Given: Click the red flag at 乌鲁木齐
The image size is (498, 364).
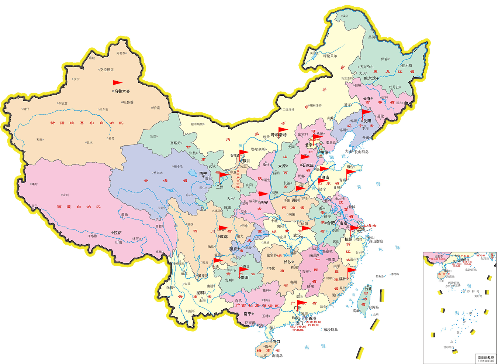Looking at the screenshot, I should click(x=117, y=84).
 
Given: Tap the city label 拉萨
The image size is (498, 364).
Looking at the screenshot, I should click(x=118, y=233).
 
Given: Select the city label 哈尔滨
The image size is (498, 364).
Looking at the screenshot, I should click(x=370, y=78).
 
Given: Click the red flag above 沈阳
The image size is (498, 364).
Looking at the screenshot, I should click(x=366, y=112).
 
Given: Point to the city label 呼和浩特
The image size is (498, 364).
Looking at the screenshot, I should click(x=279, y=135).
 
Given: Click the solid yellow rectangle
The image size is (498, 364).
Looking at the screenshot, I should click(x=65, y=293).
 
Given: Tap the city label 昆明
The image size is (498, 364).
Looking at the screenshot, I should click(x=200, y=293).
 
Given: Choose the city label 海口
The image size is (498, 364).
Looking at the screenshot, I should click(x=276, y=341).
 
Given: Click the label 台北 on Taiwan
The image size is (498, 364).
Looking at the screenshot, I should click(x=368, y=289).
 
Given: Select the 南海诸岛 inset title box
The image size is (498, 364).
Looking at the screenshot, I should click(x=486, y=358).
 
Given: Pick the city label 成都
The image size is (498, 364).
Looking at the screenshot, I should click(x=224, y=237).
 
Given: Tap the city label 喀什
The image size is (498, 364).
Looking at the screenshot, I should click(x=26, y=109).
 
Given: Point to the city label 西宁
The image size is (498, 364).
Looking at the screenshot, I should click(x=203, y=174).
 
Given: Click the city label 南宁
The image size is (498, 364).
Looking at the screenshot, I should click(x=248, y=314).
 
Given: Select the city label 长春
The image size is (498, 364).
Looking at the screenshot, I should click(x=367, y=98).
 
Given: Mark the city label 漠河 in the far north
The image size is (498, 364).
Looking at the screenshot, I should click(x=345, y=16).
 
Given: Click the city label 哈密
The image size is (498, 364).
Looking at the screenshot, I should click(x=157, y=108).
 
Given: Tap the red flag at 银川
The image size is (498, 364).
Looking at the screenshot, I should click(x=243, y=153).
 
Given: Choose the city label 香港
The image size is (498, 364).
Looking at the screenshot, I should click(x=312, y=318).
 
